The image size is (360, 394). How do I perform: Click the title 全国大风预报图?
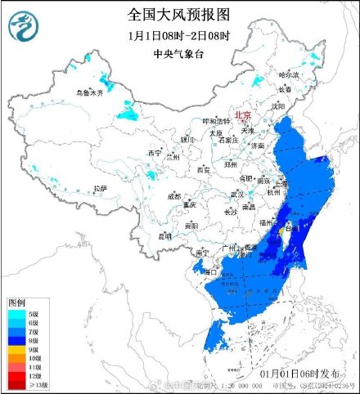[179, 15]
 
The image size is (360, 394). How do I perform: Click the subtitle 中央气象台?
[179, 53]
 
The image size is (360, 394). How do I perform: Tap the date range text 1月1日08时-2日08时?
[179, 35]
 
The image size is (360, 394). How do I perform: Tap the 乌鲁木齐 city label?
[90, 93]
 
